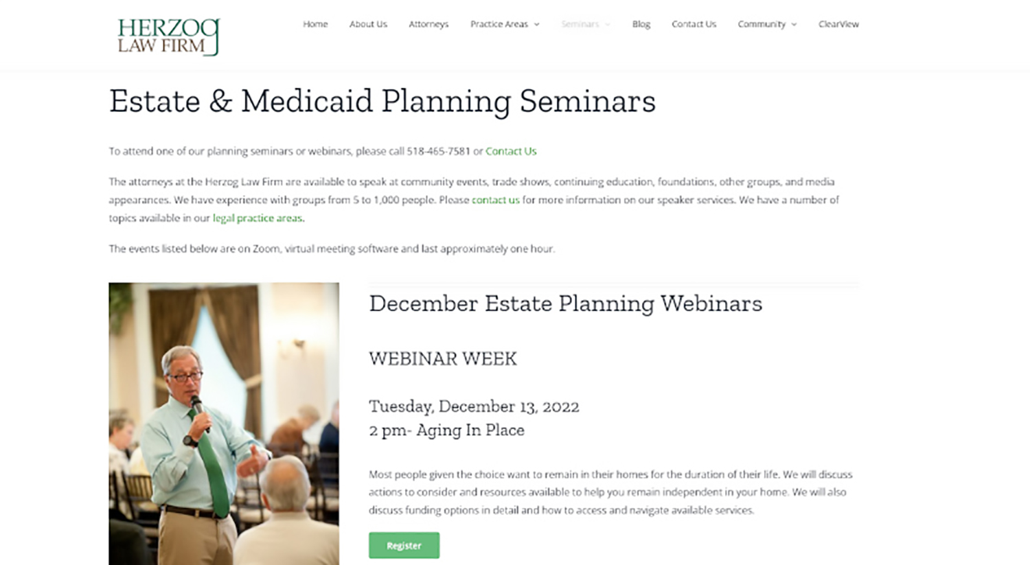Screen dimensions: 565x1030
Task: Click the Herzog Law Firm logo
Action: coord(168,36)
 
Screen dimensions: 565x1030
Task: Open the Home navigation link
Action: coord(315,24)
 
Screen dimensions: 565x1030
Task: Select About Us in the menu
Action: coord(368,24)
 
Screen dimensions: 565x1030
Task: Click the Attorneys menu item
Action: coord(428,24)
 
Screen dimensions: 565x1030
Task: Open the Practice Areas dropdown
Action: coord(505,24)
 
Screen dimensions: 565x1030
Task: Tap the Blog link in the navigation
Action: coord(641,24)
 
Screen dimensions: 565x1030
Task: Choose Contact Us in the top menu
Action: coord(694,24)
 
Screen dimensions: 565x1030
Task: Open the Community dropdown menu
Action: coord(767,24)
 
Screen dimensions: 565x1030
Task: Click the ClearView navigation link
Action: coord(838,24)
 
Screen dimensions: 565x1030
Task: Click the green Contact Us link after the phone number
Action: coord(511,151)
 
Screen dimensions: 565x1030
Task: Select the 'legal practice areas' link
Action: coord(257,218)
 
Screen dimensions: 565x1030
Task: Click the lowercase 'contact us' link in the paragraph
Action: coord(495,200)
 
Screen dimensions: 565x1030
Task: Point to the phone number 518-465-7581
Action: coord(438,151)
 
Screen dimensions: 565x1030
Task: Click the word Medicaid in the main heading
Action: coord(306,101)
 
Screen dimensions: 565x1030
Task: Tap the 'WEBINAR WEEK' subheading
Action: coord(443,358)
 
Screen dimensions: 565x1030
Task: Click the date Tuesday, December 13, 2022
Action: coord(474,406)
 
